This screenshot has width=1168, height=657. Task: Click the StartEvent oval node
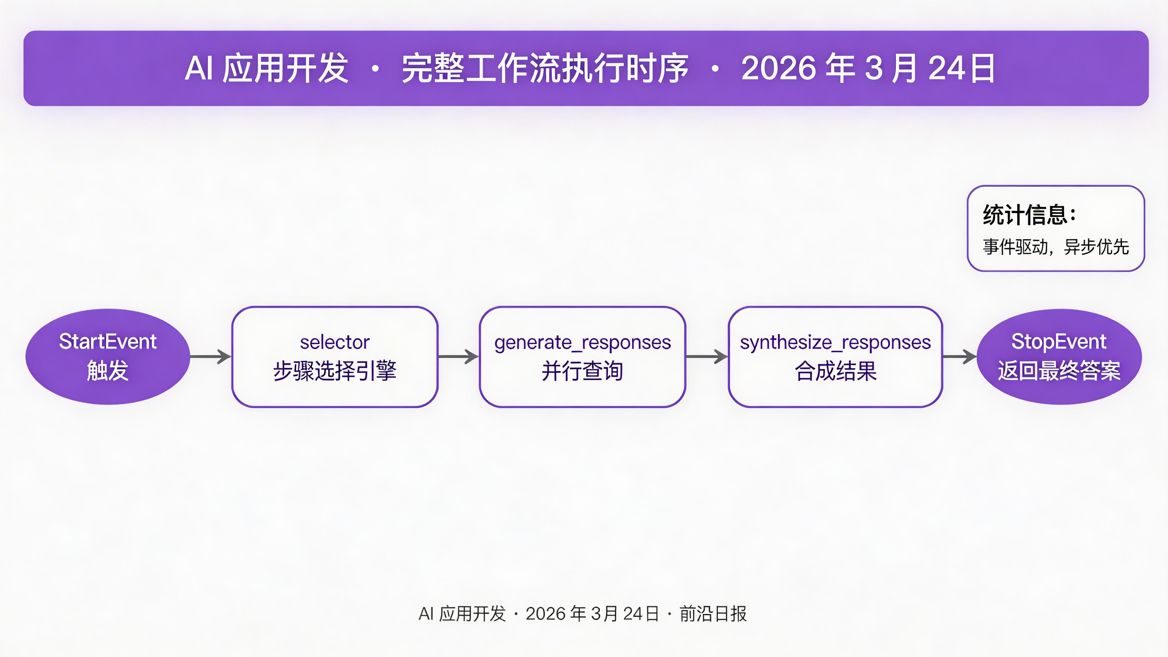(108, 356)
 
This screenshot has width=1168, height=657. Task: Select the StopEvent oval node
(1059, 356)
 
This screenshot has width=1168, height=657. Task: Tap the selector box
(334, 357)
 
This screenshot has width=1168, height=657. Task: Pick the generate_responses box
(582, 357)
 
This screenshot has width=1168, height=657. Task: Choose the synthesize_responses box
(835, 357)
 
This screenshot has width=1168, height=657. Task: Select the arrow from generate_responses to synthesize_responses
(706, 356)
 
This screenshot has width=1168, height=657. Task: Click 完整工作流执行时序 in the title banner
(545, 68)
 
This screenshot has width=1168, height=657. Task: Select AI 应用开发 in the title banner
(267, 68)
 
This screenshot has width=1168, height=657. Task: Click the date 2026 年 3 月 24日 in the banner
(868, 68)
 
